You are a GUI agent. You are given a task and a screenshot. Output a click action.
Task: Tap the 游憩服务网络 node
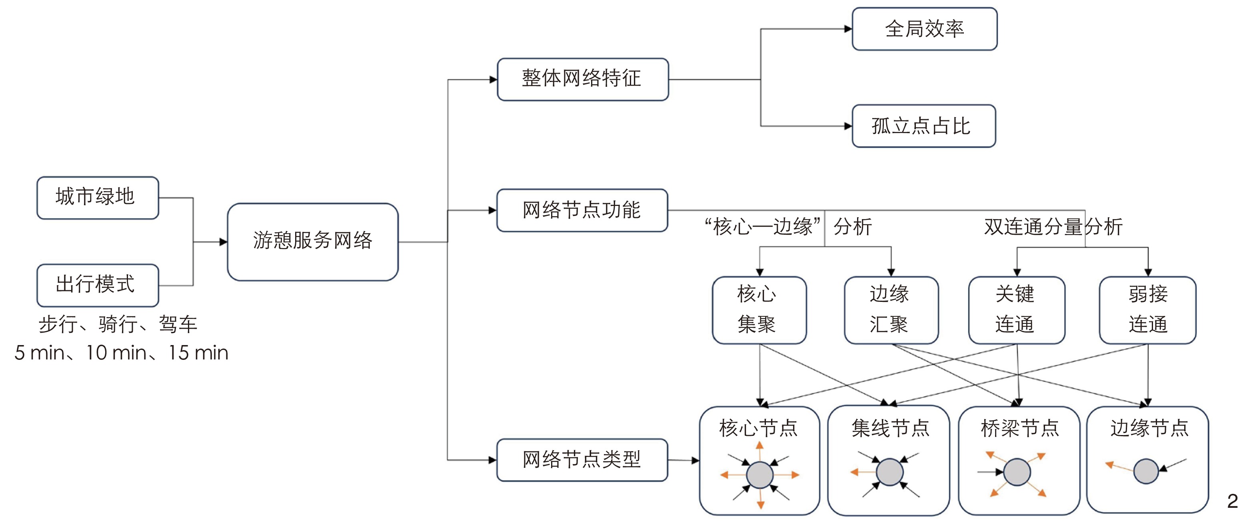coord(313,242)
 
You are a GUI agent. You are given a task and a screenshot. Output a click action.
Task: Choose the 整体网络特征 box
coord(582,79)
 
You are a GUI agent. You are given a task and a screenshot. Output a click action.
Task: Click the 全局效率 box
coord(924,28)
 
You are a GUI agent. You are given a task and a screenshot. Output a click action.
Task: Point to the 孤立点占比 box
coord(923,126)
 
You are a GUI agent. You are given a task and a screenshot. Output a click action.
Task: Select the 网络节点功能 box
coord(582,210)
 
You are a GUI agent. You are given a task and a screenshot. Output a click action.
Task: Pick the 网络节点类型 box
coord(582,459)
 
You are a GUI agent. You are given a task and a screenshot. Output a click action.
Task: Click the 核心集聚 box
coord(759,309)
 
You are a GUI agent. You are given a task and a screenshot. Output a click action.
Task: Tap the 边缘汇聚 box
coord(891,309)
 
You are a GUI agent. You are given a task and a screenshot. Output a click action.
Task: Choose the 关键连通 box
coord(1016,309)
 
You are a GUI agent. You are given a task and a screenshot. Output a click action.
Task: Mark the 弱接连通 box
coord(1147,309)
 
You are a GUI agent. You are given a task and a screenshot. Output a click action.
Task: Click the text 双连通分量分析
coord(1053,227)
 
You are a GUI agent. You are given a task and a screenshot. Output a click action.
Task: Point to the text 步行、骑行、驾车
coord(118,324)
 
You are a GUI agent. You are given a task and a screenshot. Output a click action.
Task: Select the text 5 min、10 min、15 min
coord(121,353)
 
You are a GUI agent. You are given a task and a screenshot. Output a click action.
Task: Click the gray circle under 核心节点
coord(759,475)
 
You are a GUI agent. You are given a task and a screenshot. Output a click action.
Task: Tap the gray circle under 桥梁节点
coord(1017,472)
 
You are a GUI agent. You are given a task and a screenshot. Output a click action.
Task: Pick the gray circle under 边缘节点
coord(1146,471)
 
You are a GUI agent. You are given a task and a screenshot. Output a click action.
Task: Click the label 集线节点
coord(890,428)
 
